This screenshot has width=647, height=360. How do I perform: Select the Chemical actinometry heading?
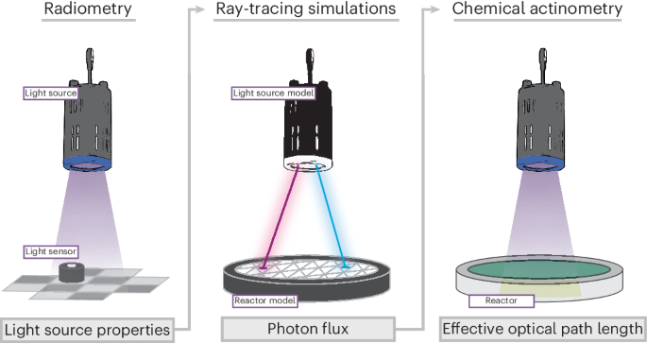tap(537, 9)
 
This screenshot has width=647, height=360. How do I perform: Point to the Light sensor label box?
tap(51, 251)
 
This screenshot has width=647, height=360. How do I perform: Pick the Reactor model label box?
tap(265, 301)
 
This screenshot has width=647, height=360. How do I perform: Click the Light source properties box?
tap(87, 330)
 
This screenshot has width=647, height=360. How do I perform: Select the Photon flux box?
tap(308, 330)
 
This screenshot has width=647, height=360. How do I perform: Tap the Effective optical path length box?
tap(541, 330)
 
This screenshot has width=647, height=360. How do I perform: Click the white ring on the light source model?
tap(308, 163)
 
